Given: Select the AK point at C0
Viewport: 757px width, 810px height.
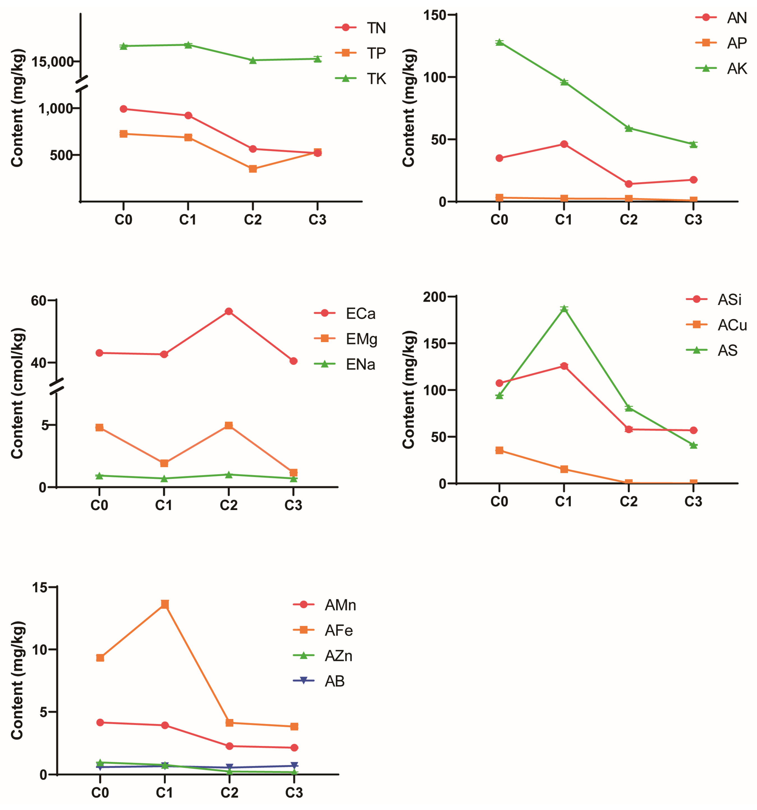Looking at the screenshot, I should coord(499,42).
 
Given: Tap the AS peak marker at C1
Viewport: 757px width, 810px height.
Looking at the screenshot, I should coord(564,309).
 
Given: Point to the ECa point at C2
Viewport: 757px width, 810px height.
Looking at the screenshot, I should coord(229,311).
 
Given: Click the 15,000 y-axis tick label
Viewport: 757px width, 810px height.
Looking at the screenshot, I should coord(53,62).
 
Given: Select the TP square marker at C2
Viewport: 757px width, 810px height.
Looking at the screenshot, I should coord(253,169).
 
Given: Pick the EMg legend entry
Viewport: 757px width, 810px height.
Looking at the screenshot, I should coord(346,339).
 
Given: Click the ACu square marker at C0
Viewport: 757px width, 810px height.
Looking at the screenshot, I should coord(499,450).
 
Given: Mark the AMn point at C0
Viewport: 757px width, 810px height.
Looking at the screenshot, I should coord(100,722).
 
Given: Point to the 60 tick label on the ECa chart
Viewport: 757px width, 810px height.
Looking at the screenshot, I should coord(39,301).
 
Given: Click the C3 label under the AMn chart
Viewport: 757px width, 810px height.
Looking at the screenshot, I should coord(294,793).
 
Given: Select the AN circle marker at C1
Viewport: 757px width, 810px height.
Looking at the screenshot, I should coord(564,144).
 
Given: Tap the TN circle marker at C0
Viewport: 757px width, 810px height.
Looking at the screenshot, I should coord(123,109).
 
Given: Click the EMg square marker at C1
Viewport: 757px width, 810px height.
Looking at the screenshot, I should coord(164,463).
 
